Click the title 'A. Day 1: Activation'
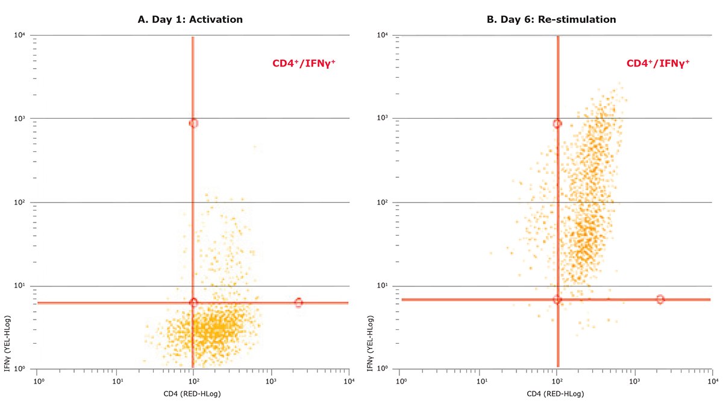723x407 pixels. [x=190, y=19]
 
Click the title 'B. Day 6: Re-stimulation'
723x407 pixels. [x=551, y=19]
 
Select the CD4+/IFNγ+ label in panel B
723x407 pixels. [x=658, y=63]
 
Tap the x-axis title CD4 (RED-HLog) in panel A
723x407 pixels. [x=192, y=394]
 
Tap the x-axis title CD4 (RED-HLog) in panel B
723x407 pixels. [x=556, y=394]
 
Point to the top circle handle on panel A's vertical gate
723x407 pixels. [x=193, y=123]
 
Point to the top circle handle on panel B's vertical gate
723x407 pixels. [x=557, y=124]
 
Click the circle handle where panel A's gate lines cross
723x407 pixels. [x=193, y=302]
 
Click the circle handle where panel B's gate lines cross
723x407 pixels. [x=557, y=300]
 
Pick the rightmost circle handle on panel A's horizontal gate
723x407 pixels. [x=298, y=302]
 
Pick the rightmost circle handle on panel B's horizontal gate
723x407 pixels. [x=660, y=300]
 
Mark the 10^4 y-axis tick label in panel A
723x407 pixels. [x=20, y=35]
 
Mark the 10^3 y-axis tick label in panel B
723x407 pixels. [x=381, y=119]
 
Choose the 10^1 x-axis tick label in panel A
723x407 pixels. [x=118, y=381]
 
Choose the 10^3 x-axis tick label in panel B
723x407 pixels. [x=634, y=381]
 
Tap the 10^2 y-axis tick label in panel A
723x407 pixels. [x=20, y=203]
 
